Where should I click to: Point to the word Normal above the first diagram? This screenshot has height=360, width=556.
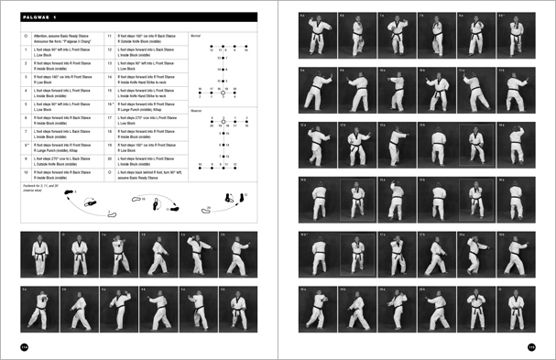[x=194, y=35]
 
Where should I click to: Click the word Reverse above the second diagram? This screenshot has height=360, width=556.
[x=195, y=108]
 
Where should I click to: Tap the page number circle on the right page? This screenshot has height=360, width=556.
[x=531, y=345]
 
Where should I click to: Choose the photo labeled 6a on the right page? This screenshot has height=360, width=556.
[x=316, y=33]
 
